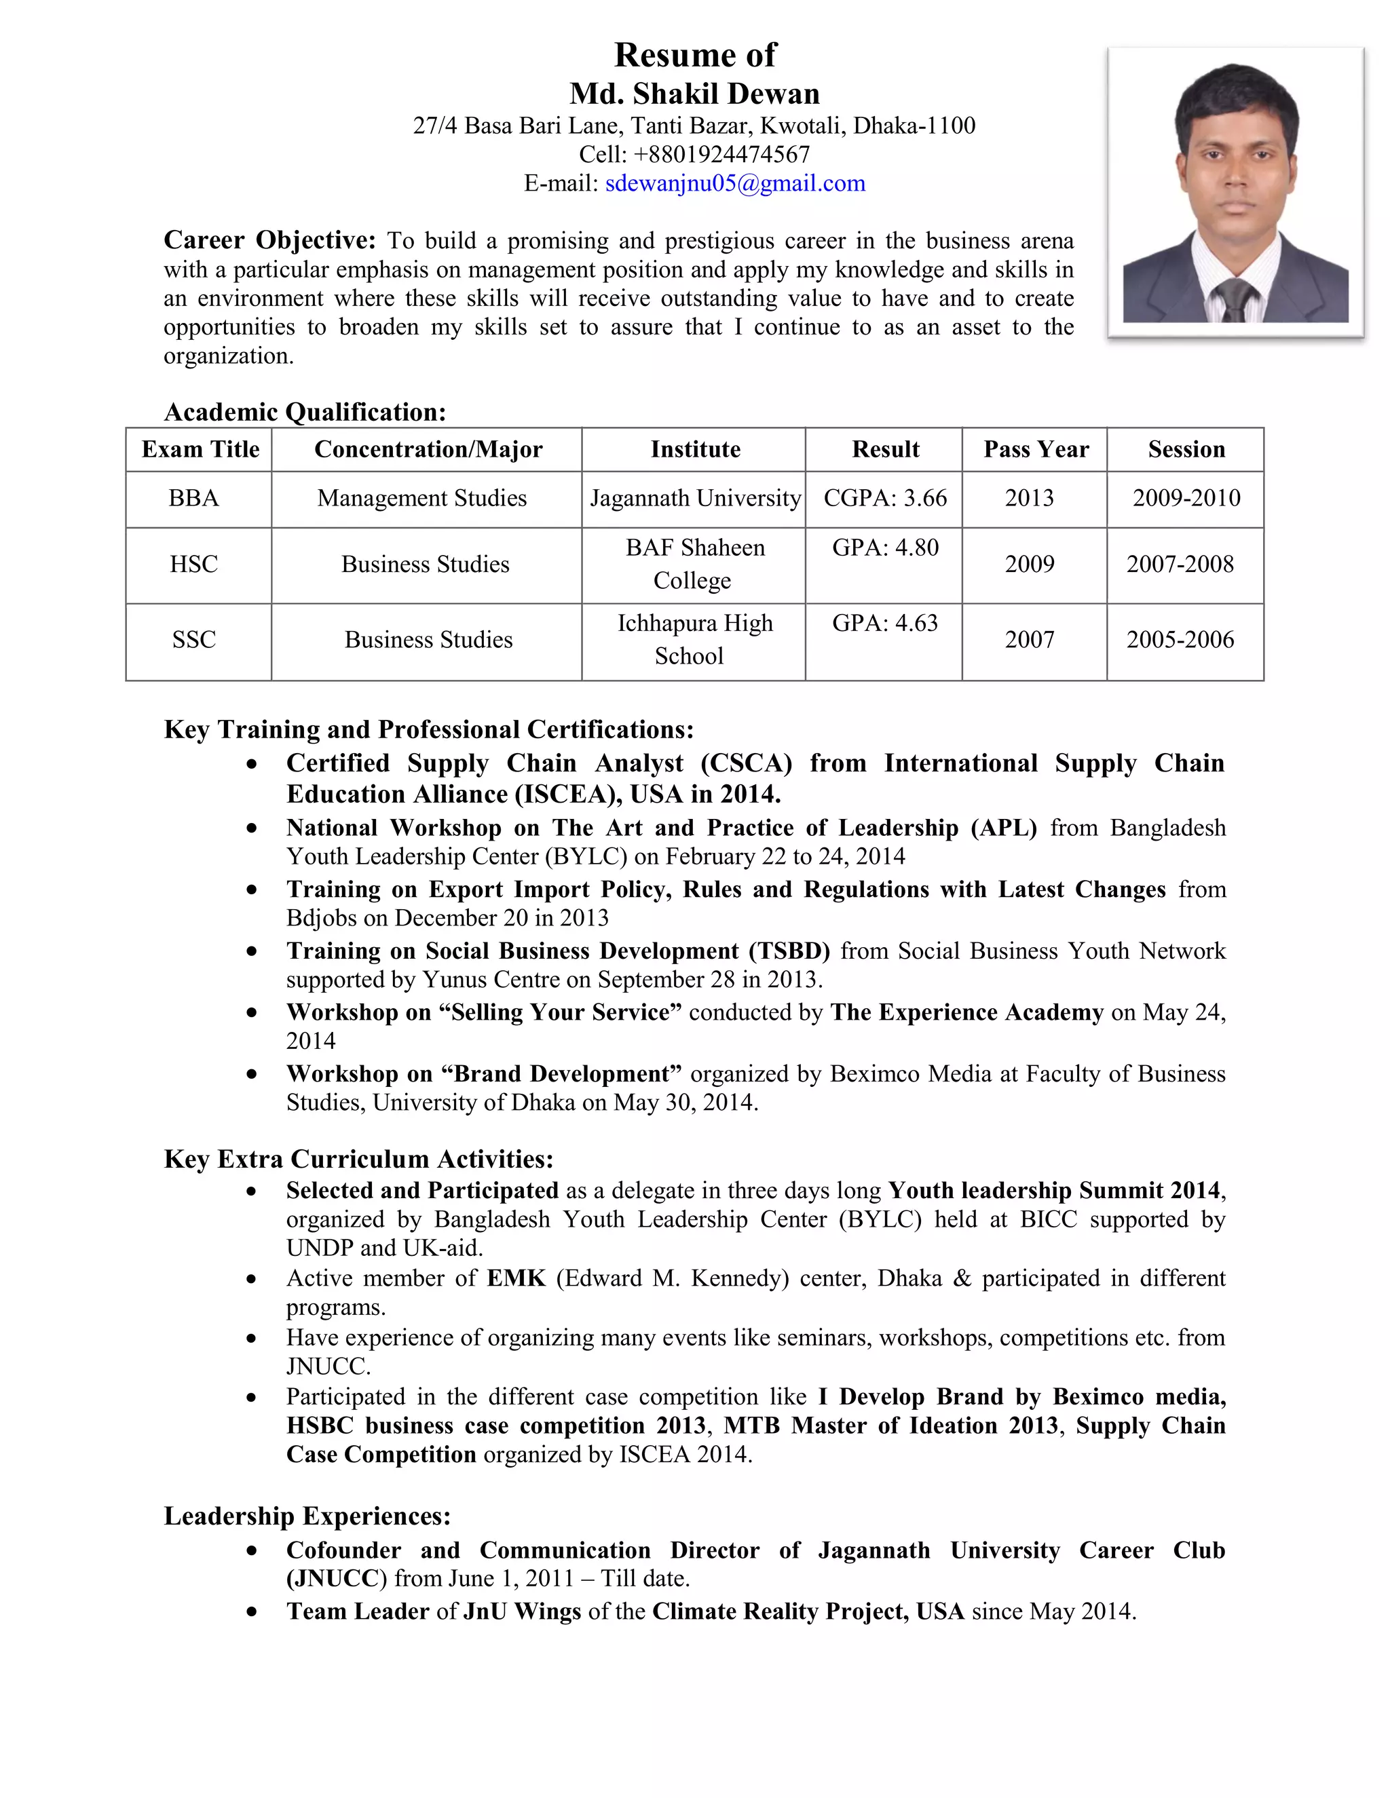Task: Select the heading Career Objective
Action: pos(269,240)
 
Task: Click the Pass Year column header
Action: pos(1035,449)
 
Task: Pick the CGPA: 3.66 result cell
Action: pos(884,498)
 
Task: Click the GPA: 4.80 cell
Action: pos(884,548)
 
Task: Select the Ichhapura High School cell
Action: pos(694,640)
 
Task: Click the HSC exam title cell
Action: pos(193,565)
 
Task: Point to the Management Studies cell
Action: pos(421,498)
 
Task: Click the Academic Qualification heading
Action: pos(305,412)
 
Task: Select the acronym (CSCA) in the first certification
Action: pos(745,763)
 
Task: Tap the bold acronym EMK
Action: pos(516,1278)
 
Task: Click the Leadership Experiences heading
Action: pos(307,1516)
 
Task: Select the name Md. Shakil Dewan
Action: pos(694,93)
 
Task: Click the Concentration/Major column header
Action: pos(428,449)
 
